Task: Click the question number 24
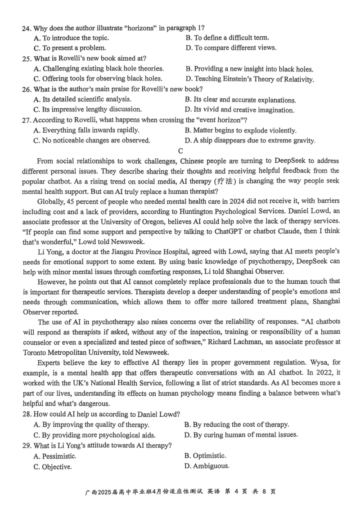pos(26,28)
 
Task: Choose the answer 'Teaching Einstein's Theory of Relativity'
pos(250,79)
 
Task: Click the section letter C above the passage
pos(180,151)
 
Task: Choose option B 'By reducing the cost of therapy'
pos(237,424)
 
